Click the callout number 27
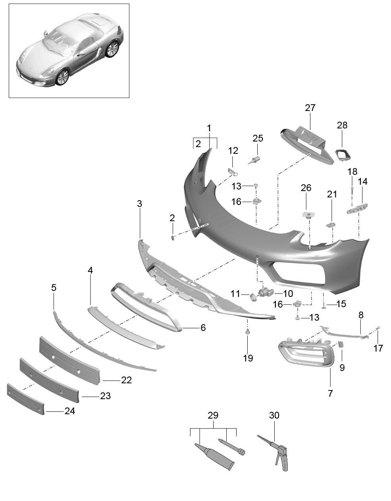coord(310,108)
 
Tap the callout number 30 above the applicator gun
coord(274,415)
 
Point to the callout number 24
coord(70,411)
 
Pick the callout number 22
coord(126,380)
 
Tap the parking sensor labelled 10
coord(265,293)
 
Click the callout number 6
coord(203,328)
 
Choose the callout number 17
coord(378,348)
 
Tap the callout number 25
coord(258,138)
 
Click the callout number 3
coord(139,204)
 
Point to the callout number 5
coord(54,288)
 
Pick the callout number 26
coord(306,188)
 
